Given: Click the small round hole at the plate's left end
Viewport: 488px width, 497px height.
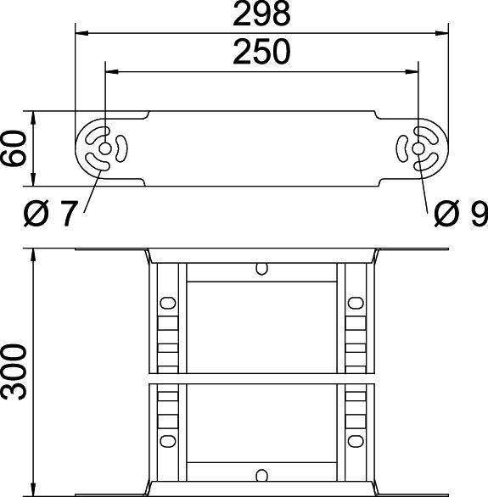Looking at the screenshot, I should (x=104, y=150).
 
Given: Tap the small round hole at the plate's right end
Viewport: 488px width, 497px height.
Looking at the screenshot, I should (x=419, y=150).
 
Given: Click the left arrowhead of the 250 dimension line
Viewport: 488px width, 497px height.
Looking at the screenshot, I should (x=109, y=72).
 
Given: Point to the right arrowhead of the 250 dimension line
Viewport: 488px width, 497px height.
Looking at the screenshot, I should (x=414, y=72).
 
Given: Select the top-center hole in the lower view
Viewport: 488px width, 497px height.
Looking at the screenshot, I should (x=261, y=270).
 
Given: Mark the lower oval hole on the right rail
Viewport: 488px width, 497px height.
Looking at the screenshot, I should (x=354, y=439).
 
